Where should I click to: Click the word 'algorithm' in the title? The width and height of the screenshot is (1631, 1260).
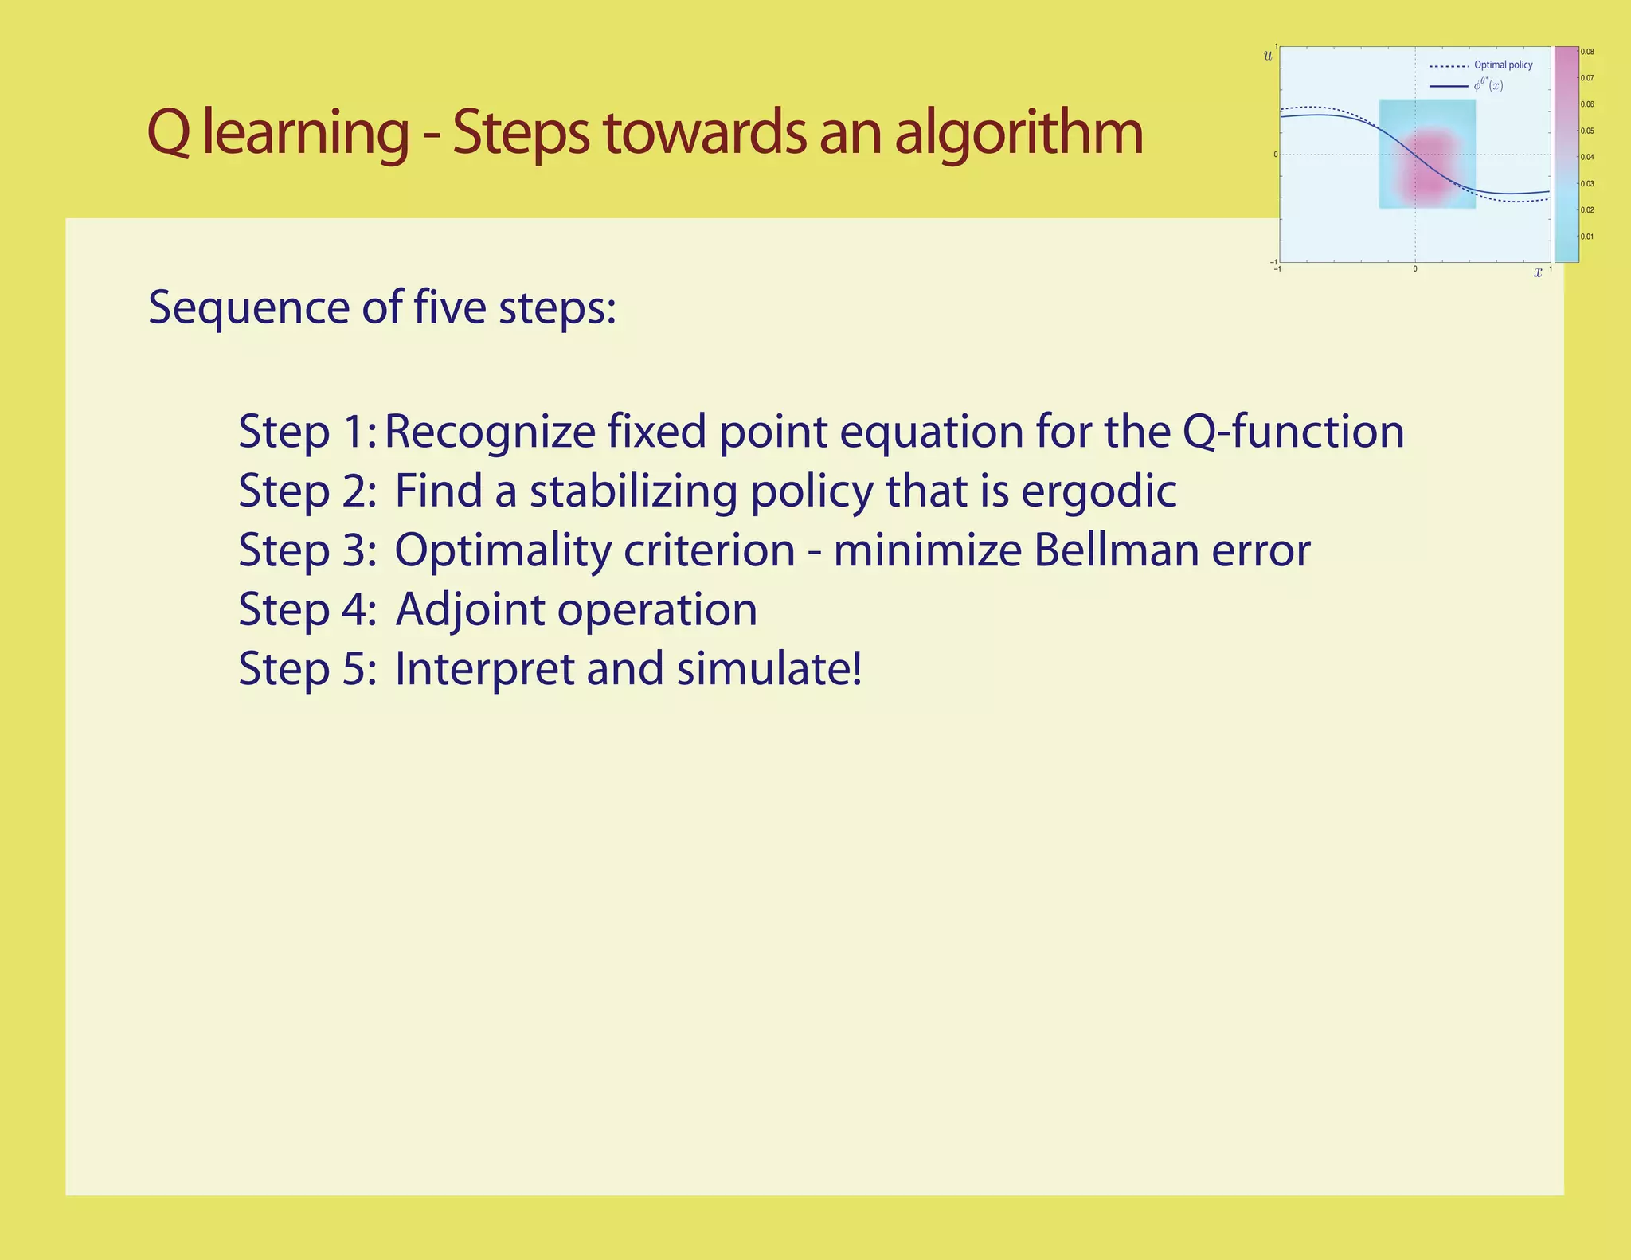click(1019, 134)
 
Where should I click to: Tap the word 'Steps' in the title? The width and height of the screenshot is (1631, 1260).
click(521, 134)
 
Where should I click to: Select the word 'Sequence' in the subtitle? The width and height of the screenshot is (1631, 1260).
click(248, 308)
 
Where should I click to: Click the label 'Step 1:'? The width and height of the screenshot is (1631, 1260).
click(307, 432)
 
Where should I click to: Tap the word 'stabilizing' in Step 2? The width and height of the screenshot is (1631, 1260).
click(634, 491)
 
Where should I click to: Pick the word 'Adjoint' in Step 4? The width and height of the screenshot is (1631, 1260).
click(467, 609)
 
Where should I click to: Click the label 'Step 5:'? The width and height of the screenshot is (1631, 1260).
click(307, 668)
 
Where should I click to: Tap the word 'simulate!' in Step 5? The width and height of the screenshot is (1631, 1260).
click(769, 668)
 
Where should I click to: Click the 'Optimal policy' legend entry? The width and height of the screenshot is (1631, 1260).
click(1503, 65)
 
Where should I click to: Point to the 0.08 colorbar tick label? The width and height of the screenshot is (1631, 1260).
click(1587, 53)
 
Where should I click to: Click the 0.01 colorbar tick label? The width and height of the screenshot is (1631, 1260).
click(1587, 237)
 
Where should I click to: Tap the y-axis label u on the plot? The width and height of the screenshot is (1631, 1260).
click(1268, 56)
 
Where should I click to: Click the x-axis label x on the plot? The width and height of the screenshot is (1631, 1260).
click(1538, 273)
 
